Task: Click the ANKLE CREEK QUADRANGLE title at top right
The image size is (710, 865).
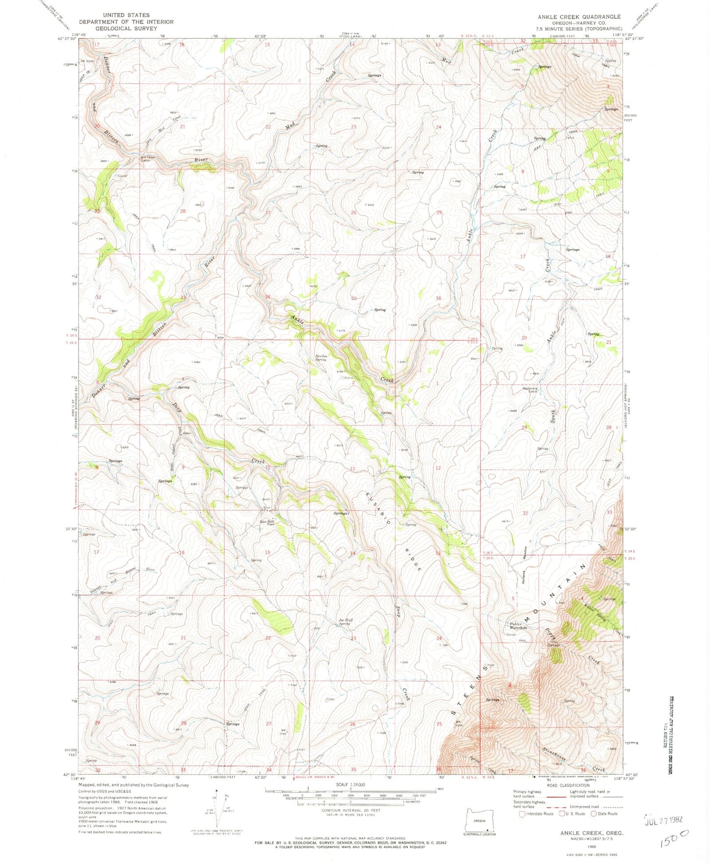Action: pos(579,17)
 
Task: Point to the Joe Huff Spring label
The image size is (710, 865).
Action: pos(345,622)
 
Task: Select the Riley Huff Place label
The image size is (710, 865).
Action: pos(267,523)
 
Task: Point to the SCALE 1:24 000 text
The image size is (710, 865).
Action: pos(350,784)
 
